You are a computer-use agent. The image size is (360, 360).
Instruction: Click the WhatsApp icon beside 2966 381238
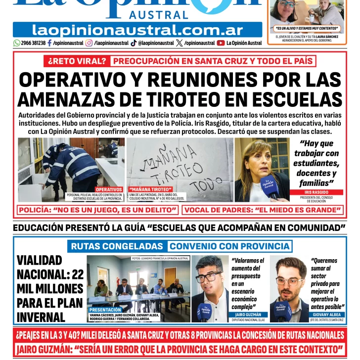[x=17, y=43]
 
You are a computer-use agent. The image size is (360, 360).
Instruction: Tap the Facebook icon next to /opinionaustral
[x=50, y=43]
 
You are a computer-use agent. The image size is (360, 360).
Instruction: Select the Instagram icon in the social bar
[x=89, y=43]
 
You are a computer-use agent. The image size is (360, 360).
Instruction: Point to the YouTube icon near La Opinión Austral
[x=221, y=43]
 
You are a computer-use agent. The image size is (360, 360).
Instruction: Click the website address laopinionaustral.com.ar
[x=137, y=30]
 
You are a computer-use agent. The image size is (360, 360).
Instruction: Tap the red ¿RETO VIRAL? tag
[x=77, y=61]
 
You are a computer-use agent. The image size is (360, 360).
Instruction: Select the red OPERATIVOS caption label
[x=109, y=189]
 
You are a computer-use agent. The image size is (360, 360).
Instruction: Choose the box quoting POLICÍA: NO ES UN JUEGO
[x=98, y=210]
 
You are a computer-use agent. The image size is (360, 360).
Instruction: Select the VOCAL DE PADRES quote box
[x=263, y=210]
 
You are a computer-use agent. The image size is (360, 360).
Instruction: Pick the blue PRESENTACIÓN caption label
[x=105, y=310]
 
